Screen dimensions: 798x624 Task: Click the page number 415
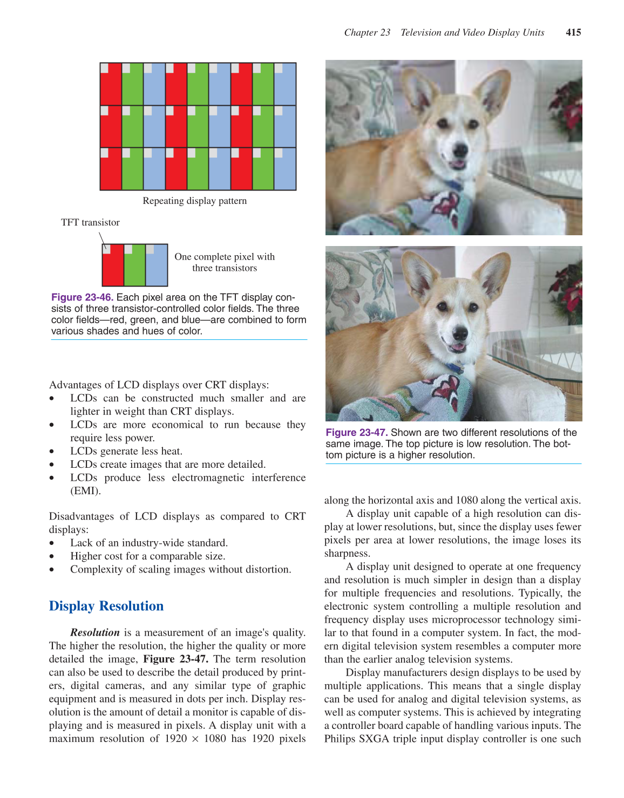point(573,32)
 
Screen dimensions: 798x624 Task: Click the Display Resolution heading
point(106,606)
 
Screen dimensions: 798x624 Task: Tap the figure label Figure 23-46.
point(82,297)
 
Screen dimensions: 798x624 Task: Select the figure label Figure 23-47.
point(356,433)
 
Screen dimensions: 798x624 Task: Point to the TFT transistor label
point(90,222)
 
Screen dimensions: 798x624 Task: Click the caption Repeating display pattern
point(194,201)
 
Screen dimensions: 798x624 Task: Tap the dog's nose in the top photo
point(460,151)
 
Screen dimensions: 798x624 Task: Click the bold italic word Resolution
point(95,632)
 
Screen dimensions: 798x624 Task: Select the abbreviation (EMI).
point(85,491)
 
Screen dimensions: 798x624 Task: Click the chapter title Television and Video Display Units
point(472,32)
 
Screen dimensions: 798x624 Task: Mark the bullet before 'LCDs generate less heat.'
point(52,452)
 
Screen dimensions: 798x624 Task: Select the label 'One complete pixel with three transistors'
point(225,262)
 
